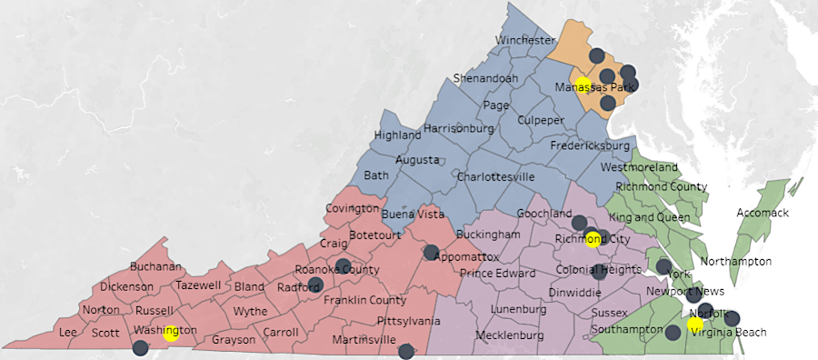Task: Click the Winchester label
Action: point(524,41)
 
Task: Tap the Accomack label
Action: point(760,213)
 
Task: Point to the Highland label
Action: point(398,135)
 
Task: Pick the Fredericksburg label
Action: point(591,145)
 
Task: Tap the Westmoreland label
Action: point(640,169)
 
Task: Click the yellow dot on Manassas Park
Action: point(584,85)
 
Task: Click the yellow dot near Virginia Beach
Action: point(695,325)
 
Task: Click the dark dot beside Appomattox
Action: point(431,253)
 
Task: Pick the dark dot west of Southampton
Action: point(673,333)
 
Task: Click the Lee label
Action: point(67,333)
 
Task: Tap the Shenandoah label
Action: point(485,78)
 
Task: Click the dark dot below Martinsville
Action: point(406,350)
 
